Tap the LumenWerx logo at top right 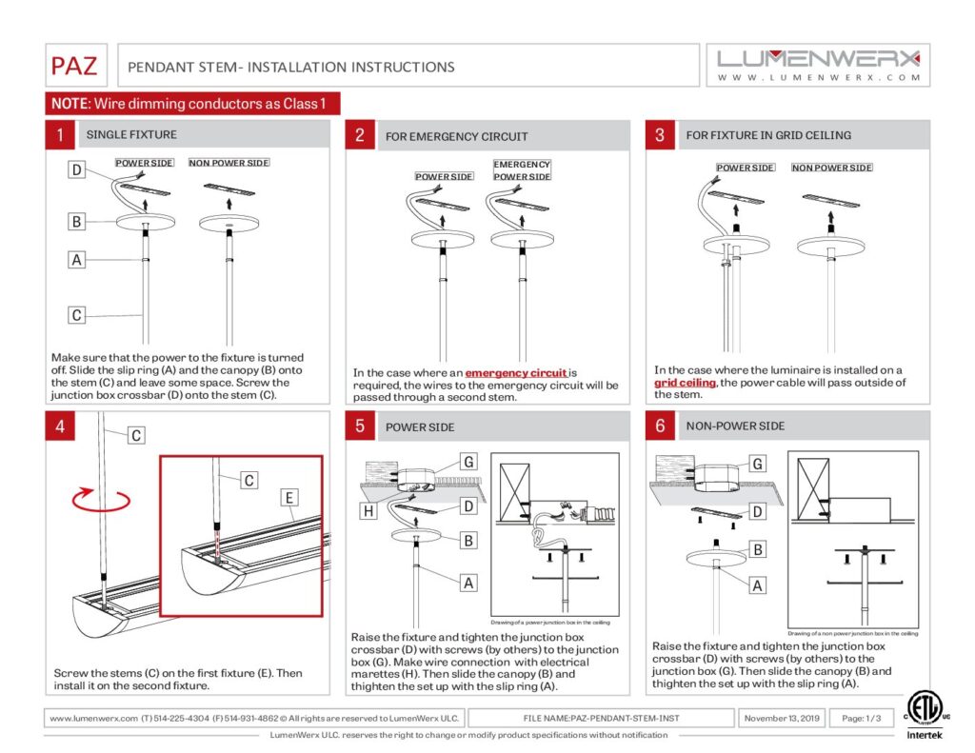tap(819, 65)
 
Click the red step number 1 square tap(60, 135)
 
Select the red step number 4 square tap(60, 426)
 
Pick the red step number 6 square tap(660, 426)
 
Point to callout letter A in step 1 tap(77, 259)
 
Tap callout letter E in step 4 tap(290, 497)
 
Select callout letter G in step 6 tap(758, 465)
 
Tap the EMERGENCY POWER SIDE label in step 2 tap(522, 170)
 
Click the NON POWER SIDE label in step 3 tap(831, 168)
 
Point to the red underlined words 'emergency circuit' tap(516, 373)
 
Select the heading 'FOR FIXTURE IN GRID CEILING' tap(768, 135)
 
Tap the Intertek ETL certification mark tap(921, 714)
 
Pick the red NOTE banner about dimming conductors tap(192, 104)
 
